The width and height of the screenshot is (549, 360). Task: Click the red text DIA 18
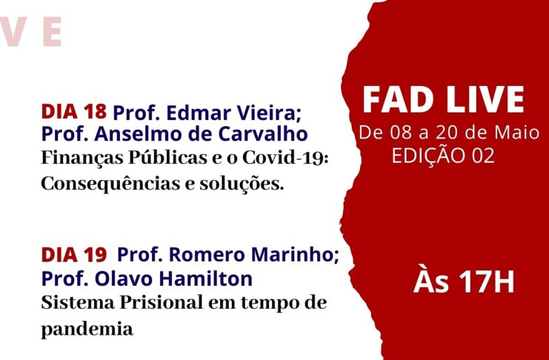pyautogui.click(x=74, y=112)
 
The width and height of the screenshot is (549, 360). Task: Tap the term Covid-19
pyautogui.click(x=285, y=158)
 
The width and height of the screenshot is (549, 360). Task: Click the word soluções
pyautogui.click(x=242, y=184)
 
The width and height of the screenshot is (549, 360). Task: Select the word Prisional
pyautogui.click(x=162, y=303)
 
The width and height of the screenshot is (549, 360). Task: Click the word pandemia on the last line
pyautogui.click(x=87, y=330)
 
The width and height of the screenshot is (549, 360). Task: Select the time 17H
pyautogui.click(x=487, y=282)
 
